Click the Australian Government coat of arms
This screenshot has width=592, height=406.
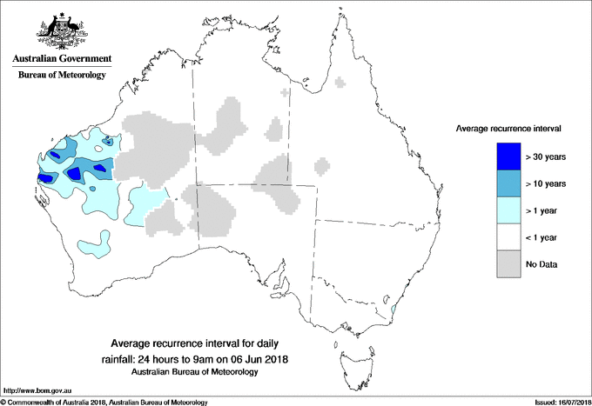(x=61, y=30)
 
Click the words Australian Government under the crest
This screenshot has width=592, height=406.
(x=62, y=59)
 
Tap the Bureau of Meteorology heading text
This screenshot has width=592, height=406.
(x=62, y=76)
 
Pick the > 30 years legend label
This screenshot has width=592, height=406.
(x=546, y=157)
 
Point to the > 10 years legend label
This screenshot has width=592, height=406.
(x=546, y=184)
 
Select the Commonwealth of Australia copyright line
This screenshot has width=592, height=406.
(x=104, y=401)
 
